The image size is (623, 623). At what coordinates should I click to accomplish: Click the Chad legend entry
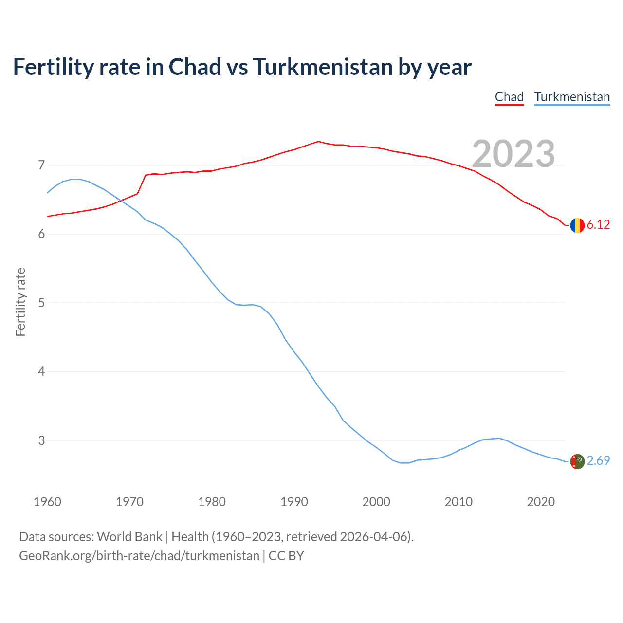click(509, 97)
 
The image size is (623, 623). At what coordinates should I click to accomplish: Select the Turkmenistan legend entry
click(572, 97)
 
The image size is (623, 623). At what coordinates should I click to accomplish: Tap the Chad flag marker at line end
click(577, 225)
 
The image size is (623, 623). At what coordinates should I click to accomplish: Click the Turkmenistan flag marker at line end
click(577, 461)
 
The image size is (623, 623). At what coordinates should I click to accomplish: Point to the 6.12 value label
click(598, 224)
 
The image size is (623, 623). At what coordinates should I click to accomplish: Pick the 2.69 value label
click(598, 460)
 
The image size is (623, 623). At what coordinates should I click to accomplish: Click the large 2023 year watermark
click(513, 154)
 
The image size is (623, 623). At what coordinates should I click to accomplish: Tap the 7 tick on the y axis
click(41, 165)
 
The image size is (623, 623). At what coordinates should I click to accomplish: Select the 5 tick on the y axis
click(41, 303)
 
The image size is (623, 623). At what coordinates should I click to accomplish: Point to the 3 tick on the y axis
click(41, 440)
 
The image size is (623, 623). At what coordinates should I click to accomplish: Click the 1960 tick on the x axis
click(47, 502)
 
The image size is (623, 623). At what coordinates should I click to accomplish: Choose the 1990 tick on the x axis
click(294, 502)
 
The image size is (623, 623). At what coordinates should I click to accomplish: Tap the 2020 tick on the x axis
click(541, 502)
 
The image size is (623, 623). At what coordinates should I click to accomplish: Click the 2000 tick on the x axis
click(376, 502)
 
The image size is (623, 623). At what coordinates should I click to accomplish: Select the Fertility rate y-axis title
click(20, 302)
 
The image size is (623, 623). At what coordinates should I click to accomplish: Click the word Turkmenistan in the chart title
click(323, 67)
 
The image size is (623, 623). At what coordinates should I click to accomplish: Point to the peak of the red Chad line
click(318, 142)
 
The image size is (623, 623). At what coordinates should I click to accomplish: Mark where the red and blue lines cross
click(120, 200)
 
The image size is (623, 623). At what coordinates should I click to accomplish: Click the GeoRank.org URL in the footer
click(139, 556)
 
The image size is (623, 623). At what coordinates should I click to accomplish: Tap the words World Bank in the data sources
click(129, 537)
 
